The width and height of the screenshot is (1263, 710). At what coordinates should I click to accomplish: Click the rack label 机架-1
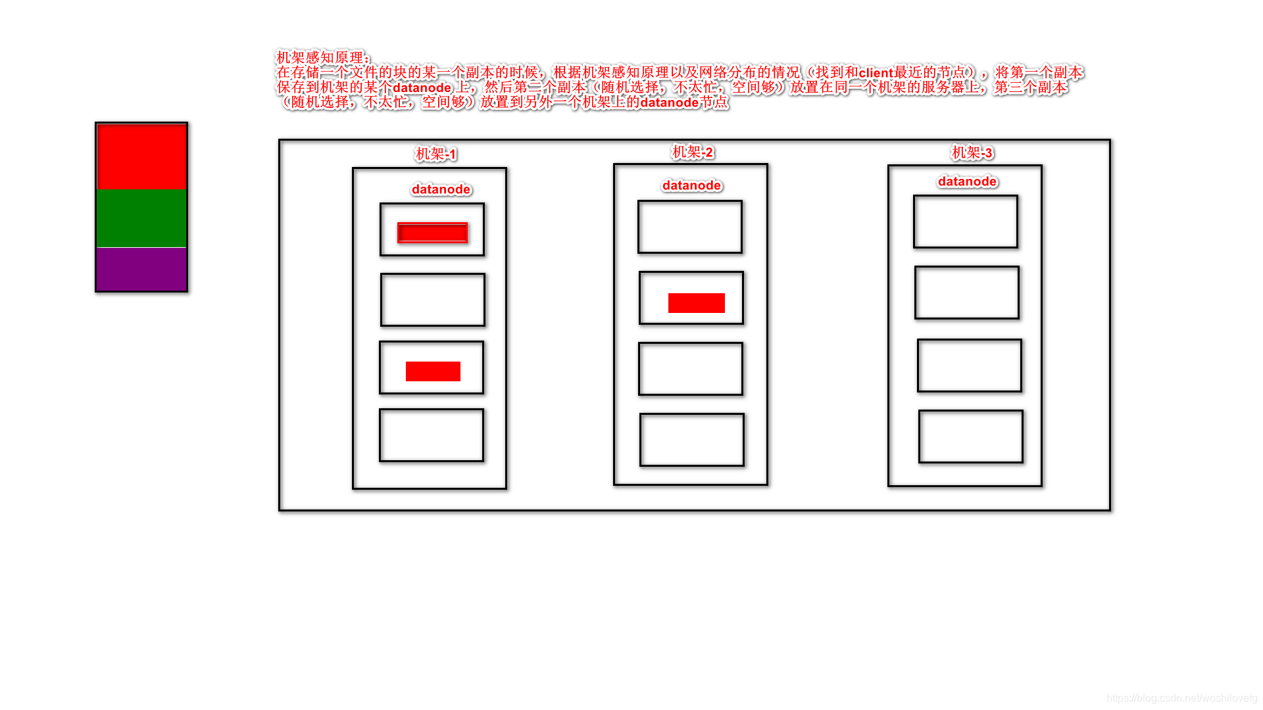point(435,154)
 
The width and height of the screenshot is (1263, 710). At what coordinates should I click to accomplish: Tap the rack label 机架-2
point(692,153)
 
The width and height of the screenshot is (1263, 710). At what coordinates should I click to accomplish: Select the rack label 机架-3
point(972,153)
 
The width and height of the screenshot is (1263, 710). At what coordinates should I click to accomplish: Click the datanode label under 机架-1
point(441,189)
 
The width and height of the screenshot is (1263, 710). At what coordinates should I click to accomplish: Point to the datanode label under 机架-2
point(692,185)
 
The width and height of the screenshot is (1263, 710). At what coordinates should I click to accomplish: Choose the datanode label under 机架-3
point(967,181)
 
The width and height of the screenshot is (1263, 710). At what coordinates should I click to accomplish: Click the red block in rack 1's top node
point(432,233)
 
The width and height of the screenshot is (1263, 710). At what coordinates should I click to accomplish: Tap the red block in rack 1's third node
point(433,371)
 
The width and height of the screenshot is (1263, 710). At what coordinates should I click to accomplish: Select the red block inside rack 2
point(696,303)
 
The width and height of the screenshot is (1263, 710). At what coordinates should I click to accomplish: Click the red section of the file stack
point(141,156)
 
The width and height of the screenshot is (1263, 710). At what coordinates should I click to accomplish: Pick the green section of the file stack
point(141,218)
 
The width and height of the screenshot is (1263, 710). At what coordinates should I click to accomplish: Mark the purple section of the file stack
point(141,269)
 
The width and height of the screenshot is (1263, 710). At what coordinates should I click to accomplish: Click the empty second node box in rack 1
point(433,300)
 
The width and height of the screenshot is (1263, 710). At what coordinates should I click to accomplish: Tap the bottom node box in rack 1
point(432,435)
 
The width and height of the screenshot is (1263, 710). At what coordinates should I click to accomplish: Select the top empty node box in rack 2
point(690,227)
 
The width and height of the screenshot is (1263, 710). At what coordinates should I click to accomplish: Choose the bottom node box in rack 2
point(692,440)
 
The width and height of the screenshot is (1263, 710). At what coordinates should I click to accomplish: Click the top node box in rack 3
point(966,222)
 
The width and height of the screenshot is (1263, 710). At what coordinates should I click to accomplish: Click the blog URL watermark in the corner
point(1181,698)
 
